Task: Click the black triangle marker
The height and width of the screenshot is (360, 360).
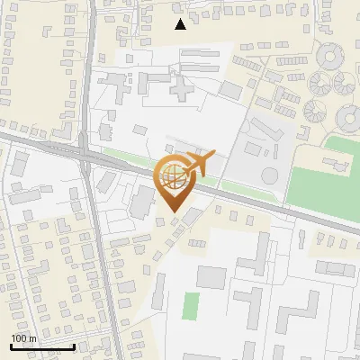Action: click(x=181, y=24)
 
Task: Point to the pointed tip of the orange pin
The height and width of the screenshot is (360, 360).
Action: click(x=172, y=211)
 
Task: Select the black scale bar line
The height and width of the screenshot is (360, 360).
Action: click(x=41, y=346)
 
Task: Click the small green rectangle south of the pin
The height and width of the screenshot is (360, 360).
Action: click(x=191, y=305)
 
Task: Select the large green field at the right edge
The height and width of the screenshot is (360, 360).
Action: click(x=337, y=180)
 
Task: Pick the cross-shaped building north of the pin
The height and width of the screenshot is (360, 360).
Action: click(x=180, y=89)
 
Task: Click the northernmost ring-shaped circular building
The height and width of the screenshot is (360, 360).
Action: click(x=331, y=58)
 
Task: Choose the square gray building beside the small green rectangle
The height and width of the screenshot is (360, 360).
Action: click(x=212, y=277)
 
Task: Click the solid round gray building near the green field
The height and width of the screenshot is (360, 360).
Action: click(x=269, y=175)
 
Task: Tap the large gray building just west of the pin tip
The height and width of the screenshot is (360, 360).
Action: click(x=142, y=202)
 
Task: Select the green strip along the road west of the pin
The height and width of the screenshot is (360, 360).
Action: click(x=121, y=160)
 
